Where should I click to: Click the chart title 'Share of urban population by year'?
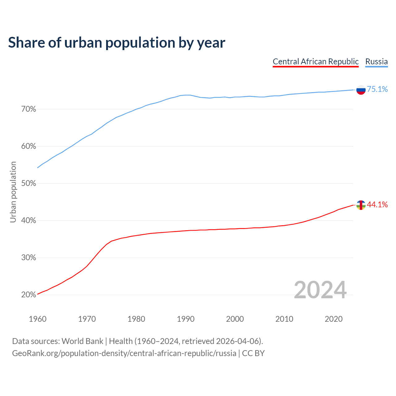pyautogui.click(x=117, y=43)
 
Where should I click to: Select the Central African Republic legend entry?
pyautogui.click(x=316, y=62)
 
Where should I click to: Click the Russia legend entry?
pyautogui.click(x=376, y=62)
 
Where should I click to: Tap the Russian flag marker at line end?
pyautogui.click(x=361, y=90)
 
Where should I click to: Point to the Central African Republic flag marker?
pyautogui.click(x=361, y=205)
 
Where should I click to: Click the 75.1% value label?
pyautogui.click(x=377, y=89)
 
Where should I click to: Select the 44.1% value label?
pyautogui.click(x=377, y=204)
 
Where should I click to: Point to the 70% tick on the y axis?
pyautogui.click(x=29, y=109)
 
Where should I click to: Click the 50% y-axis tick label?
pyautogui.click(x=29, y=183)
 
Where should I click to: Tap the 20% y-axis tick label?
pyautogui.click(x=29, y=295)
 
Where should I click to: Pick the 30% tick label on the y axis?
pyautogui.click(x=29, y=258)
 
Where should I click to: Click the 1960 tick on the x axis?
pyautogui.click(x=37, y=319)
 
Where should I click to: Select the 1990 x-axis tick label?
pyautogui.click(x=186, y=319)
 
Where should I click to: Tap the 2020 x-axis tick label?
pyautogui.click(x=334, y=319)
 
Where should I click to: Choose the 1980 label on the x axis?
pyautogui.click(x=136, y=319)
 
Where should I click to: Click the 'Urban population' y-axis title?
pyautogui.click(x=13, y=192)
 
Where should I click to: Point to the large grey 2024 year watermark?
pyautogui.click(x=320, y=290)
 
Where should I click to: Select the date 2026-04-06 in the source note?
pyautogui.click(x=237, y=341)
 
